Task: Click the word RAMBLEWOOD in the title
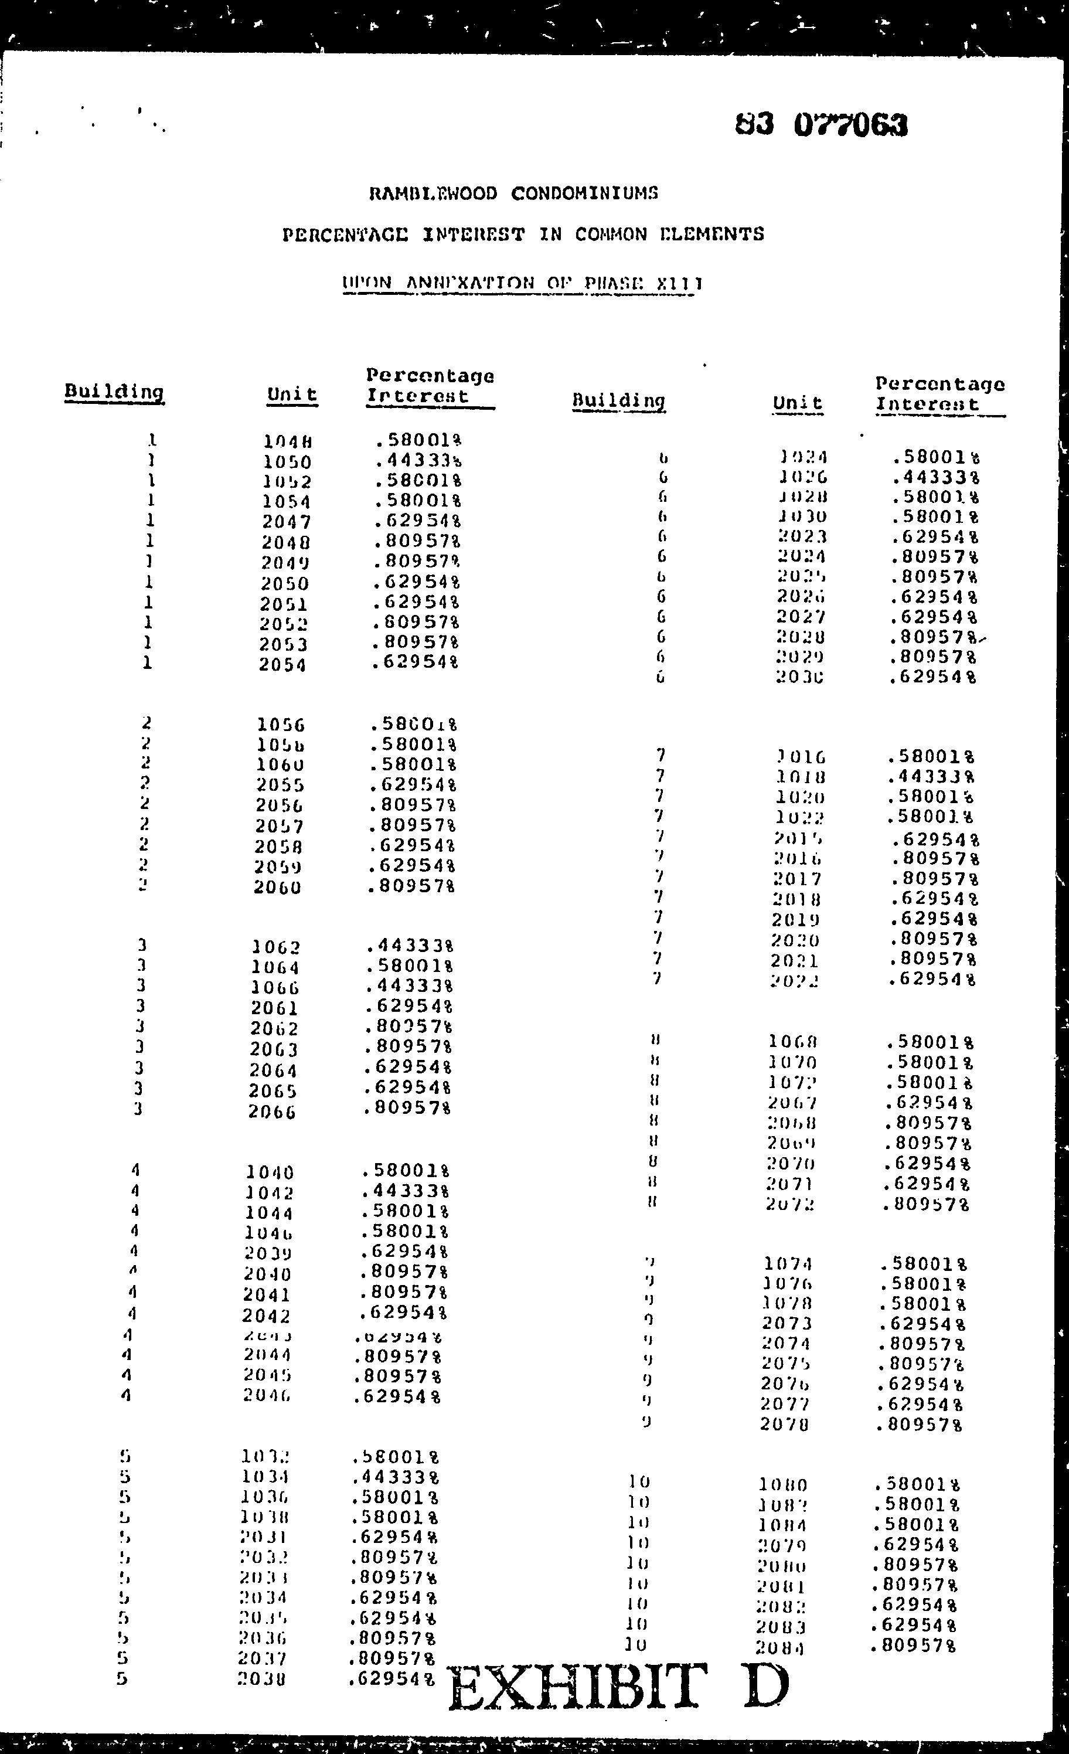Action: pyautogui.click(x=434, y=193)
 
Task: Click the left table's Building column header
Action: pyautogui.click(x=114, y=392)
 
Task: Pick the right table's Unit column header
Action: pyautogui.click(x=797, y=403)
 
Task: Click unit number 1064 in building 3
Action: pyautogui.click(x=275, y=968)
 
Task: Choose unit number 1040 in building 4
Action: pyautogui.click(x=270, y=1172)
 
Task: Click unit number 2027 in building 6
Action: pyautogui.click(x=800, y=617)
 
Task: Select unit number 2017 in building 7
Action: pyautogui.click(x=797, y=879)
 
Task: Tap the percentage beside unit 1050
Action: pyautogui.click(x=419, y=461)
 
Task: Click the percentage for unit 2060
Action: pyautogui.click(x=411, y=887)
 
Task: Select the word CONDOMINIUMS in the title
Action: pyautogui.click(x=584, y=193)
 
